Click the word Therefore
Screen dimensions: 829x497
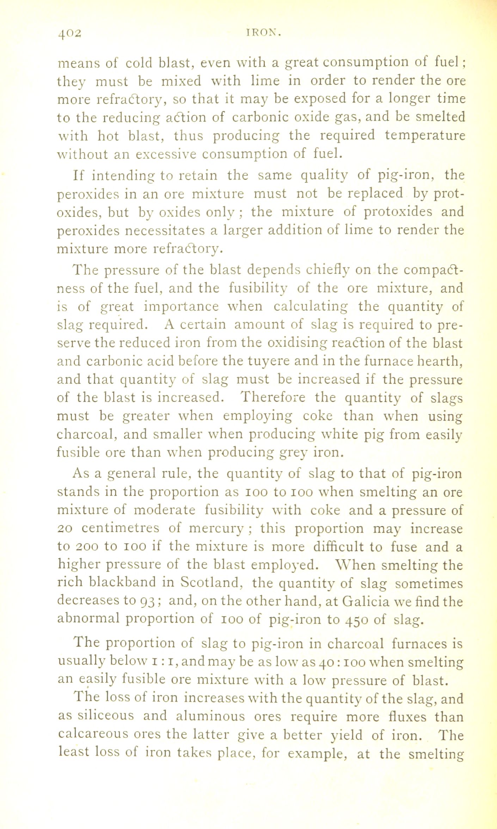point(273,397)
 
